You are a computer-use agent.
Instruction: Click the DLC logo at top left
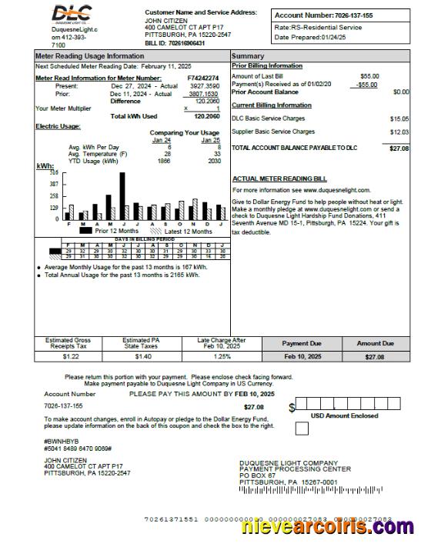tap(71, 14)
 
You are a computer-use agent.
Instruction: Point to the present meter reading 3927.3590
tap(204, 86)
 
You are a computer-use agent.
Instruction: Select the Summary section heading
tap(248, 57)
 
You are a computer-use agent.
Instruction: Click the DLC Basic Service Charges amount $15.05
tap(399, 118)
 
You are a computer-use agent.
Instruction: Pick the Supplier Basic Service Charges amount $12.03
tap(399, 132)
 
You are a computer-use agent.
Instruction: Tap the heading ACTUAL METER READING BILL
tap(279, 178)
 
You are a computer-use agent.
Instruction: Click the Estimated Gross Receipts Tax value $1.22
tap(71, 357)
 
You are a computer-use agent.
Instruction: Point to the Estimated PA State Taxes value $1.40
tap(143, 357)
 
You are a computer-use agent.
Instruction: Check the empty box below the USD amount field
tap(301, 429)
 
